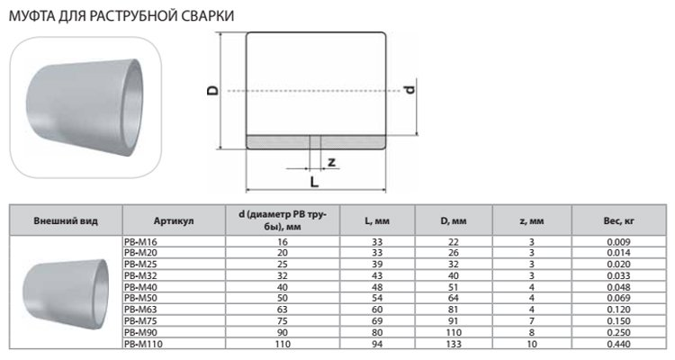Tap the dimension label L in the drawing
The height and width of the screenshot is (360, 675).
click(313, 181)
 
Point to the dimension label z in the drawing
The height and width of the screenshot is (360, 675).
click(331, 162)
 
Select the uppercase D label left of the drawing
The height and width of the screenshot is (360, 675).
click(211, 90)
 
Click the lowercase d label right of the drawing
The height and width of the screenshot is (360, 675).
click(409, 90)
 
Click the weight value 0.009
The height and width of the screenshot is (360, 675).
click(618, 243)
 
